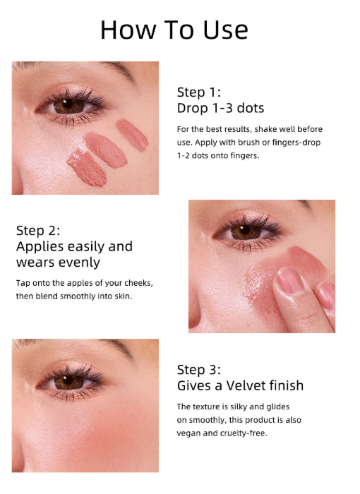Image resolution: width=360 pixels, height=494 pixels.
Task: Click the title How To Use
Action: (174, 30)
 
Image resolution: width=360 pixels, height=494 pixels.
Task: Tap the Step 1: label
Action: (199, 92)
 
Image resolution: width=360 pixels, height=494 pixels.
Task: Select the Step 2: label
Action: (38, 231)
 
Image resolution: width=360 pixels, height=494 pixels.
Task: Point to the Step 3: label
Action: (199, 370)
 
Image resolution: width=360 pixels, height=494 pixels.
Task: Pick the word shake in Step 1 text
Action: (263, 129)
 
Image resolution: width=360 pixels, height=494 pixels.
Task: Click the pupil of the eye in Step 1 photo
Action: (68, 104)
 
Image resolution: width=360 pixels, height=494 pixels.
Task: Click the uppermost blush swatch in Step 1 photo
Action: (132, 135)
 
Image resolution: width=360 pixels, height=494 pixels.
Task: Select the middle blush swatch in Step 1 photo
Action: (106, 150)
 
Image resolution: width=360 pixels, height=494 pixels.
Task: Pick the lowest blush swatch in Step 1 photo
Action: (87, 168)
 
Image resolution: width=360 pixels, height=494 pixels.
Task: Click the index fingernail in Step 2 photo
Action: (289, 280)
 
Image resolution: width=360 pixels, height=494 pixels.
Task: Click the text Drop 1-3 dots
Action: (220, 108)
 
